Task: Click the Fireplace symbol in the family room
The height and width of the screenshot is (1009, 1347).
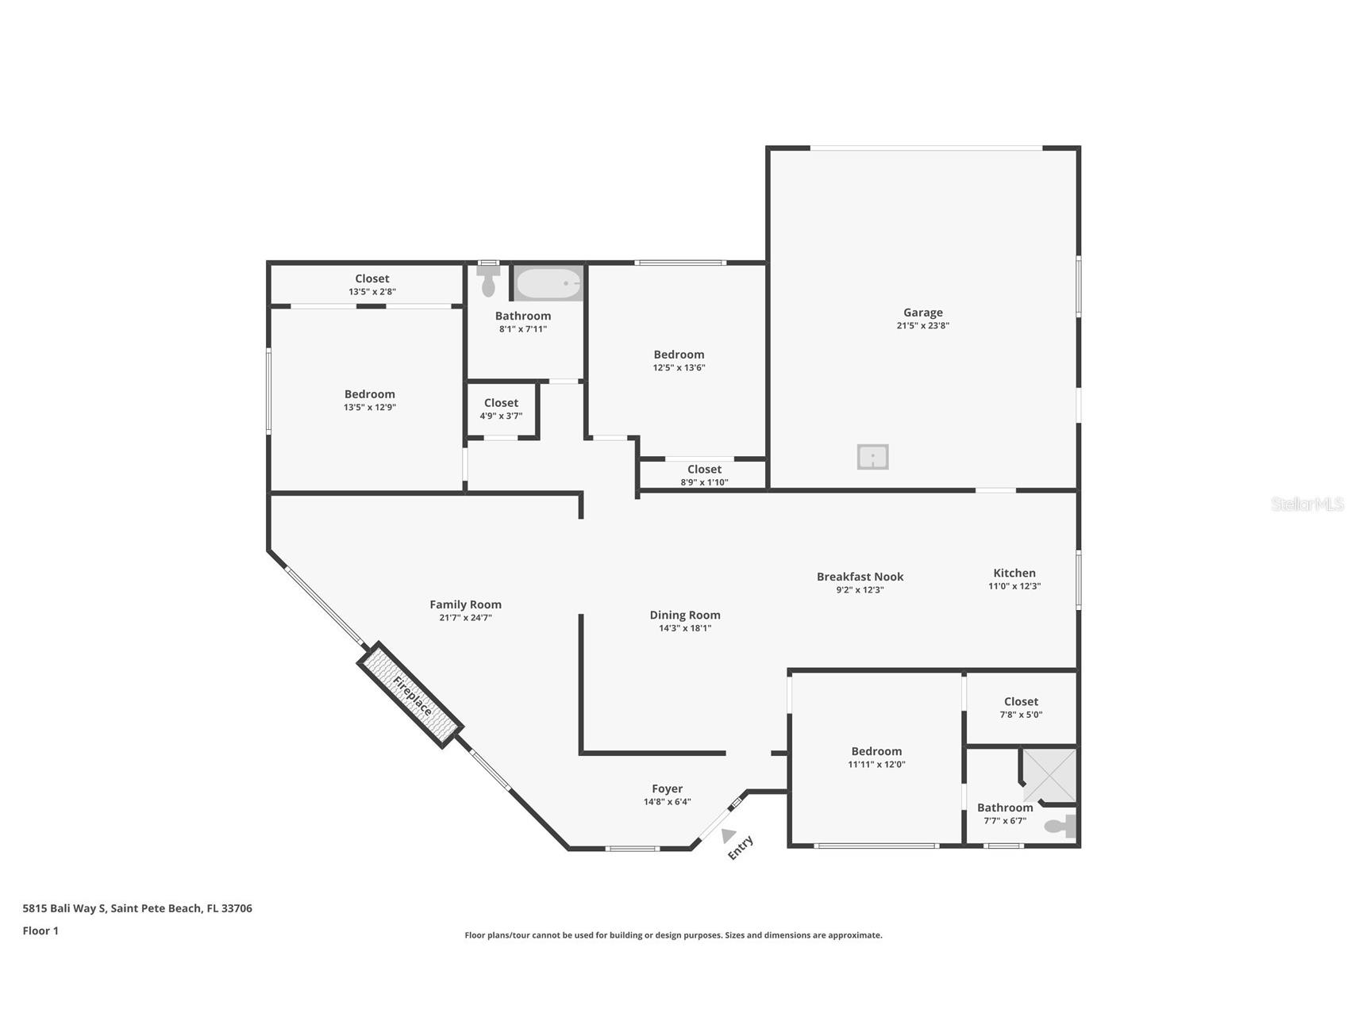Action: (410, 695)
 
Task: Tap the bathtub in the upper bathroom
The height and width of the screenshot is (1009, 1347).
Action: (548, 283)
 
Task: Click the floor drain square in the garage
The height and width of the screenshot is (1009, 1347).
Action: (872, 457)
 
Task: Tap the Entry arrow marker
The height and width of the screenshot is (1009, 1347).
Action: (728, 835)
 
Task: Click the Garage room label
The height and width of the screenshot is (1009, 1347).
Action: (922, 313)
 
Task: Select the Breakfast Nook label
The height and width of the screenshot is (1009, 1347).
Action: (860, 577)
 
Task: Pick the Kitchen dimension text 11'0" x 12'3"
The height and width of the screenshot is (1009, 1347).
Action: (1014, 586)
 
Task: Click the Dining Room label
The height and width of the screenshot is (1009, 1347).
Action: (684, 615)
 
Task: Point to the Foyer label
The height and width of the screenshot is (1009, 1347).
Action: (667, 788)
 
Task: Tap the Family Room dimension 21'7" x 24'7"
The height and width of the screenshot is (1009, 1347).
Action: (465, 617)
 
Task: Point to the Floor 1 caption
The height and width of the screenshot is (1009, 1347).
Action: (40, 930)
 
